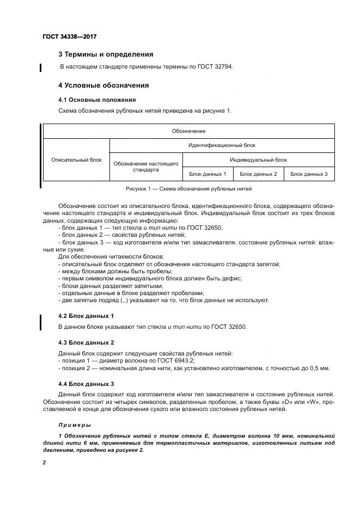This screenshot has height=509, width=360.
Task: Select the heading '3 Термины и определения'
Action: pyautogui.click(x=105, y=54)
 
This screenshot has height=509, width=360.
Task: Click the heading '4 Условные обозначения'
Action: pyautogui.click(x=103, y=85)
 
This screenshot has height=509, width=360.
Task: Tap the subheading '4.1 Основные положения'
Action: pyautogui.click(x=96, y=100)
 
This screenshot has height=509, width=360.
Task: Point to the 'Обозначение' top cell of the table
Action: pyautogui.click(x=188, y=131)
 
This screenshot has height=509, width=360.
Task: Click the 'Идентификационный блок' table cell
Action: pyautogui.click(x=222, y=145)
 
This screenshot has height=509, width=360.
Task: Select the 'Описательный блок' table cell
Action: pyautogui.click(x=76, y=160)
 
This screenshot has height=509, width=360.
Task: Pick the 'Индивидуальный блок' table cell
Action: pyautogui.click(x=258, y=160)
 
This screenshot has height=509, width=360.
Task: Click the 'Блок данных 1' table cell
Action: pyautogui.click(x=208, y=174)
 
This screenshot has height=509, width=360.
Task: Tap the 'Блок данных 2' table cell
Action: pyautogui.click(x=258, y=174)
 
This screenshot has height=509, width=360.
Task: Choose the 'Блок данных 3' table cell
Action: pyautogui.click(x=309, y=174)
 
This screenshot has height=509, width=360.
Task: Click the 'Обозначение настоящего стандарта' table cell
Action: pyautogui.click(x=146, y=167)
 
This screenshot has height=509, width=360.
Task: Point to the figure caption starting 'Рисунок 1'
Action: pyautogui.click(x=188, y=189)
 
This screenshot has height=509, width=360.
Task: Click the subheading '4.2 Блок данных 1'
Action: pyautogui.click(x=86, y=316)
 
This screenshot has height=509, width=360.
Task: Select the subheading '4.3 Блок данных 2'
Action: pyautogui.click(x=86, y=342)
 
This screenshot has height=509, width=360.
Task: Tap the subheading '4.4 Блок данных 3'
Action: pyautogui.click(x=86, y=384)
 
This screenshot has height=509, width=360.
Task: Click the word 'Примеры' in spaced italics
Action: pyautogui.click(x=75, y=425)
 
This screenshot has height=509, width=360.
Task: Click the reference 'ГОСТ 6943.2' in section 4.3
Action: pyautogui.click(x=176, y=360)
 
